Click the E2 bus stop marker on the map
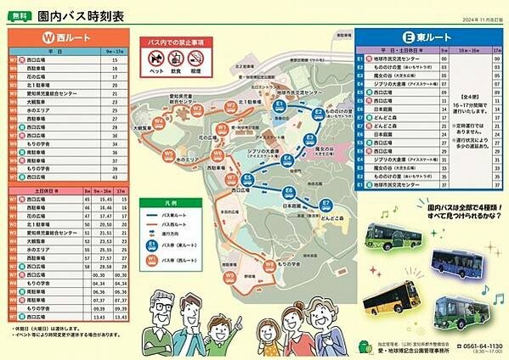[x=318, y=112]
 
